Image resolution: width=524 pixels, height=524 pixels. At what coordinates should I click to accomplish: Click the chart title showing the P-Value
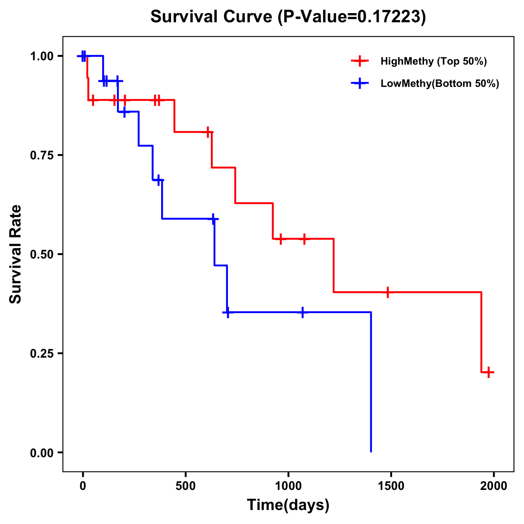tap(288, 17)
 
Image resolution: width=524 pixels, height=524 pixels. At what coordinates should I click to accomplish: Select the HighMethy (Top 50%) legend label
tap(434, 61)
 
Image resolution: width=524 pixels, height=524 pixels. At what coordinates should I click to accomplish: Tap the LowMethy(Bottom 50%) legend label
tap(440, 83)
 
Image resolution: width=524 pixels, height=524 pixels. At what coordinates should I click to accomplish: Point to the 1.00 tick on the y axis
tap(42, 56)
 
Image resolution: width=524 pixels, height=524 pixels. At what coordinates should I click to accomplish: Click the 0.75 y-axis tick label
tap(42, 155)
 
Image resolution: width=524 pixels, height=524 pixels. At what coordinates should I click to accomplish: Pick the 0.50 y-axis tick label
tap(42, 255)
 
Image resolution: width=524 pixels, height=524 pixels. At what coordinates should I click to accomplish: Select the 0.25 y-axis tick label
tap(42, 354)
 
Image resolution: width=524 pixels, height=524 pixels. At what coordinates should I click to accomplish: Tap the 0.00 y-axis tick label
tap(42, 453)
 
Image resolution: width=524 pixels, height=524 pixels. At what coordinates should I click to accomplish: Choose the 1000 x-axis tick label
tap(288, 486)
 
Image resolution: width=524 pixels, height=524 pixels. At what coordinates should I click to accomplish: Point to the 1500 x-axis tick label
tap(391, 486)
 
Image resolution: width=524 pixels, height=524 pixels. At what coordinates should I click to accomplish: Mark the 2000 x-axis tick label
tap(493, 486)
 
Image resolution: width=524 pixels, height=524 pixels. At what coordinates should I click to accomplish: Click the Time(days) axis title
tap(288, 505)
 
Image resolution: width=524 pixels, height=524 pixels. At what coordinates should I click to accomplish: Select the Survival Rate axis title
tap(16, 254)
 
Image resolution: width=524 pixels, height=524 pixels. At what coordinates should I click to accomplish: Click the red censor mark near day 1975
tap(489, 372)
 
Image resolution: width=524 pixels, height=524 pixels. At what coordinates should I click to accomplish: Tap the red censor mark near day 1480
tap(387, 292)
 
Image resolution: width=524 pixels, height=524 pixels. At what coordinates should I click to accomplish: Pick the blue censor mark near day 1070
tap(303, 312)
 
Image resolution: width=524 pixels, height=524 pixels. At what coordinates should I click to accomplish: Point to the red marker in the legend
tap(360, 61)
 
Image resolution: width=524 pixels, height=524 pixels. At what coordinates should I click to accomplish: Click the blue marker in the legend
tap(360, 83)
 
